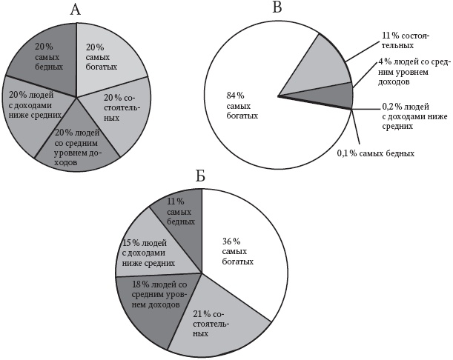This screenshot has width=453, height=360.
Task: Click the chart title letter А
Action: [76, 10]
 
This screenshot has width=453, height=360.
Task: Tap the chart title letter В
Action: [277, 7]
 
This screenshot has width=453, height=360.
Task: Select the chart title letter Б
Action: [200, 176]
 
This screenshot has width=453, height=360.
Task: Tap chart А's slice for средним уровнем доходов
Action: [77, 144]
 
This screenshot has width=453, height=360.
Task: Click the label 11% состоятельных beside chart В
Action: [406, 41]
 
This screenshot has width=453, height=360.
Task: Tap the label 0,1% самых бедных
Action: [376, 153]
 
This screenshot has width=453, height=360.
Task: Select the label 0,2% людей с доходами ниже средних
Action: [414, 116]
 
